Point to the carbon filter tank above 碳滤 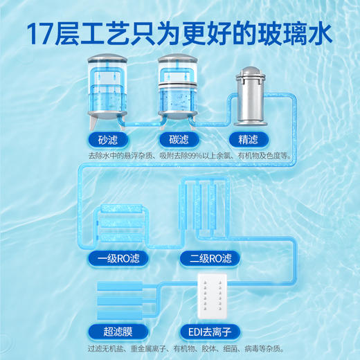(x=179, y=93)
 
